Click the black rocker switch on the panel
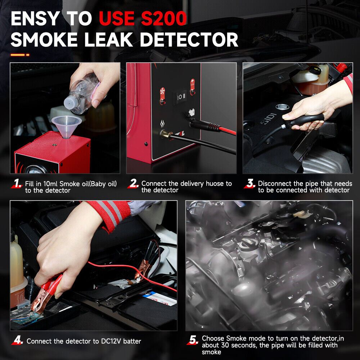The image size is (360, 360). [181, 96]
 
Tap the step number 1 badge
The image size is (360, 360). [17, 184]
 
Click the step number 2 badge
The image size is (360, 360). [134, 184]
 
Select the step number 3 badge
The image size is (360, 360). [250, 184]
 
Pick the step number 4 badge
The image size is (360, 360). [18, 341]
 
